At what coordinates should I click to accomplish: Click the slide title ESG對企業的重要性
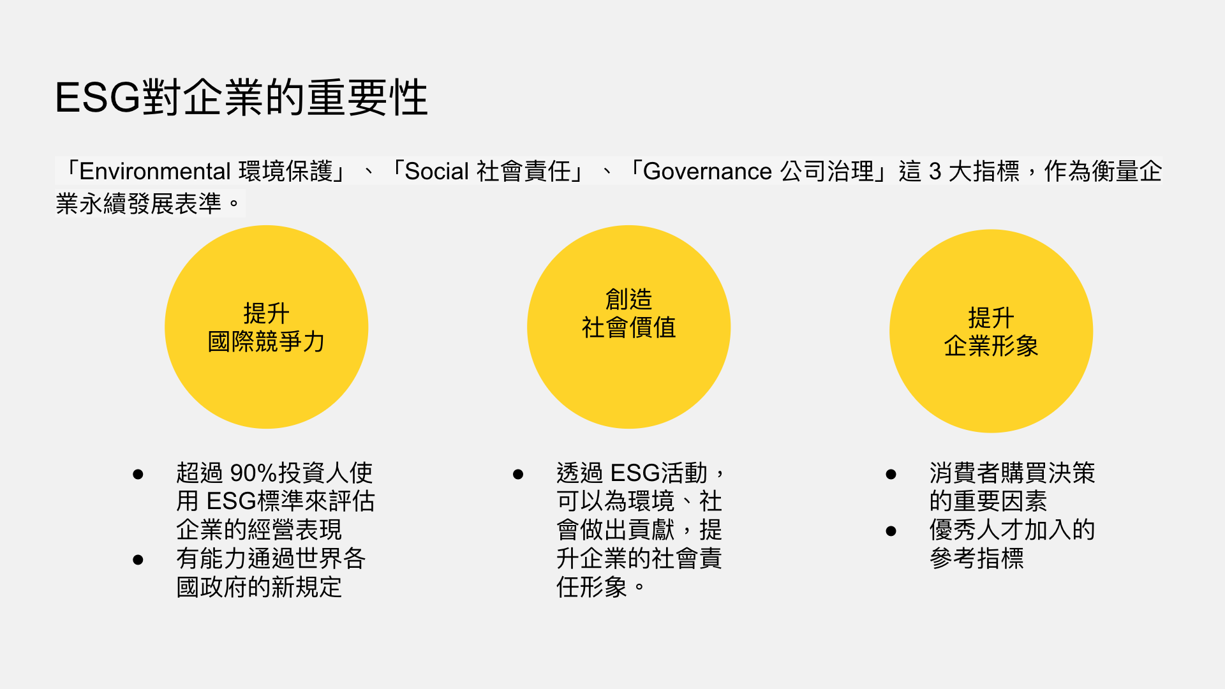click(241, 98)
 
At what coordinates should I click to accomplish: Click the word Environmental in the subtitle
click(155, 171)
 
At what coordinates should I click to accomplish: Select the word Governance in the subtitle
click(708, 171)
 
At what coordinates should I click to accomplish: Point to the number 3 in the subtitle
click(935, 171)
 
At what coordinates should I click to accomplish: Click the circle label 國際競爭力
click(266, 342)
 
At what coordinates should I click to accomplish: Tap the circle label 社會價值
click(628, 327)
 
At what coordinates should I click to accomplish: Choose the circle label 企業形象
click(991, 346)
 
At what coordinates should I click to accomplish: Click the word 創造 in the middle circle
click(628, 299)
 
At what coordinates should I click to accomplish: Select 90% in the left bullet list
click(254, 473)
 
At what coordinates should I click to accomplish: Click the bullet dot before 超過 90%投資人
click(138, 474)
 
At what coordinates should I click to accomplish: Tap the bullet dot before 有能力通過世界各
click(138, 559)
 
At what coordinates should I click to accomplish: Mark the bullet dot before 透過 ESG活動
click(518, 474)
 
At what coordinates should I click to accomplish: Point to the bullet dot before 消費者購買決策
click(891, 474)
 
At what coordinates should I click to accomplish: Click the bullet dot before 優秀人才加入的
click(891, 531)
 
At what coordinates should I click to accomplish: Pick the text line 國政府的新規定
click(259, 587)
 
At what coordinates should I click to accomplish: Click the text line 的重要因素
click(988, 501)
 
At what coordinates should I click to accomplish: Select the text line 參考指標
click(977, 558)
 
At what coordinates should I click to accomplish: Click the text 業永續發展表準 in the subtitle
click(138, 204)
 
